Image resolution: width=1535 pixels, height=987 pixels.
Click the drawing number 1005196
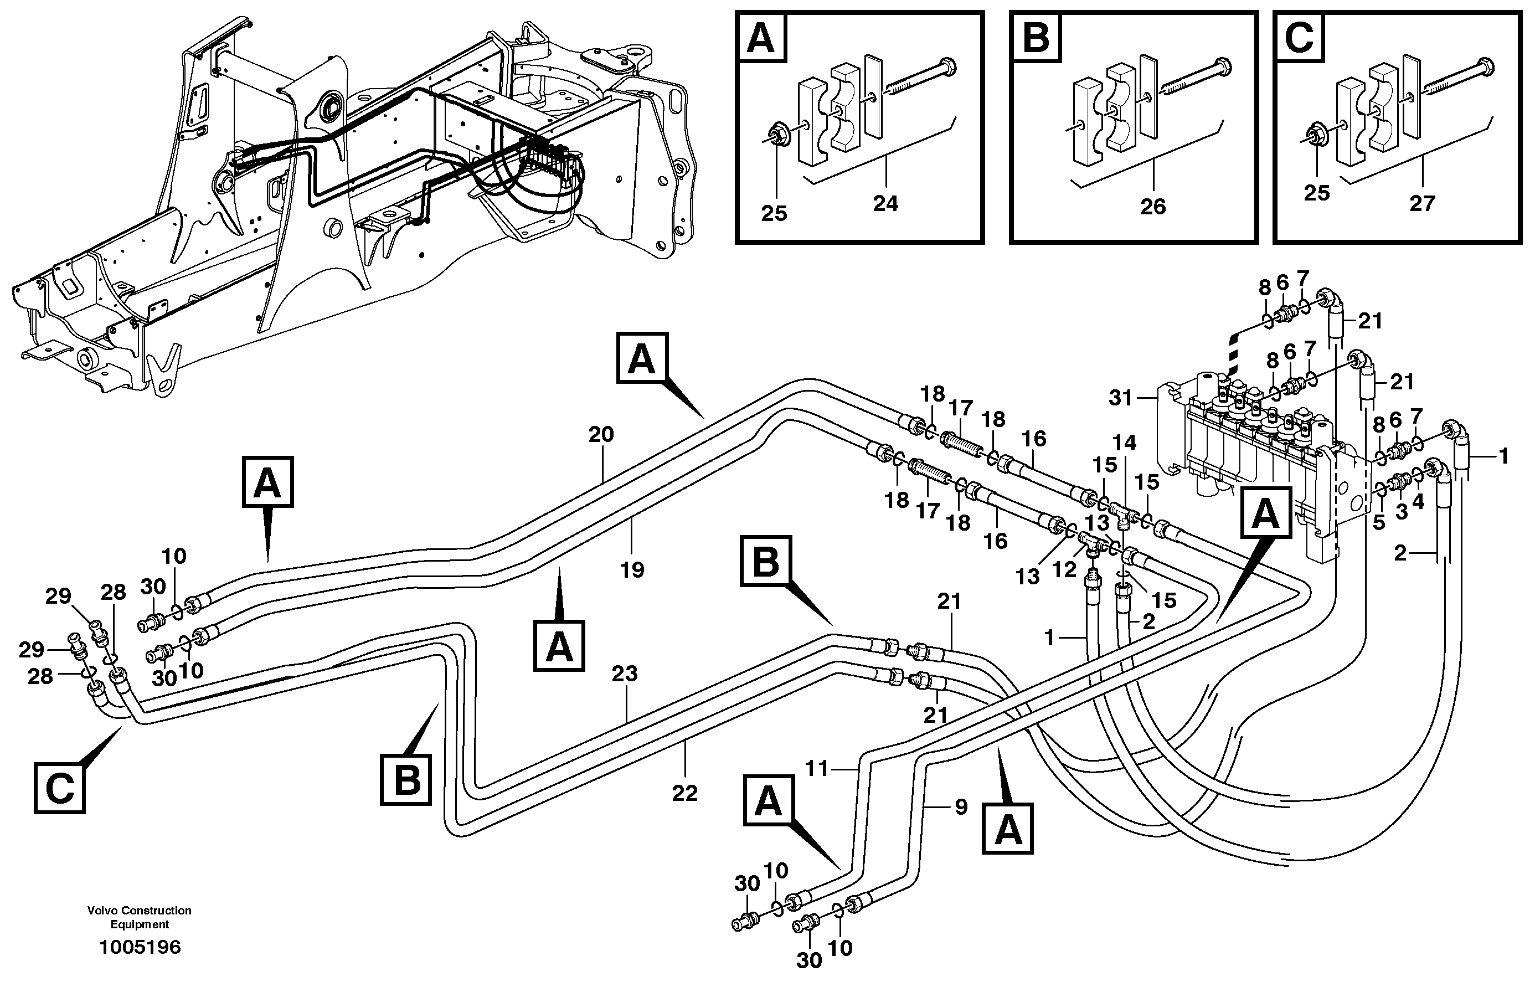(140, 947)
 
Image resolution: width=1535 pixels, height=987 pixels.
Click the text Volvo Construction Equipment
(140, 917)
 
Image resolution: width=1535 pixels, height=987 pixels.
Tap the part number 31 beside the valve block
(1121, 398)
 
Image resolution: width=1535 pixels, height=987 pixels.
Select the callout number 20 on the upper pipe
(601, 435)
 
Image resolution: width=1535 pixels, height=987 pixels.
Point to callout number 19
(632, 569)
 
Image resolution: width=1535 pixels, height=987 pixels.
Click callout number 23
(624, 674)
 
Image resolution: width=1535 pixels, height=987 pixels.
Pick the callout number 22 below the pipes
(684, 794)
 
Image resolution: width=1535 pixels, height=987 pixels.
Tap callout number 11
(817, 768)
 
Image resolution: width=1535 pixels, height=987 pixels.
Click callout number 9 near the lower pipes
(960, 807)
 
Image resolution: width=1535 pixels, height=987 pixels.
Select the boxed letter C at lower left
(60, 788)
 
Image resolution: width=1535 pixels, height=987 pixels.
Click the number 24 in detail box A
(885, 204)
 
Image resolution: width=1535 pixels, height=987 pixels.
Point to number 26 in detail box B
(1152, 207)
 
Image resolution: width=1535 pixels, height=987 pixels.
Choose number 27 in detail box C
(1422, 204)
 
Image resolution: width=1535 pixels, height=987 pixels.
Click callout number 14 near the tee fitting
(1124, 443)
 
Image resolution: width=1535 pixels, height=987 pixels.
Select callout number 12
(1065, 569)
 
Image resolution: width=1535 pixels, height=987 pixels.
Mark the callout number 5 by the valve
(1379, 522)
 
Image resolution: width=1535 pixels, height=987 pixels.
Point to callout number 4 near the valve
(1418, 502)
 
